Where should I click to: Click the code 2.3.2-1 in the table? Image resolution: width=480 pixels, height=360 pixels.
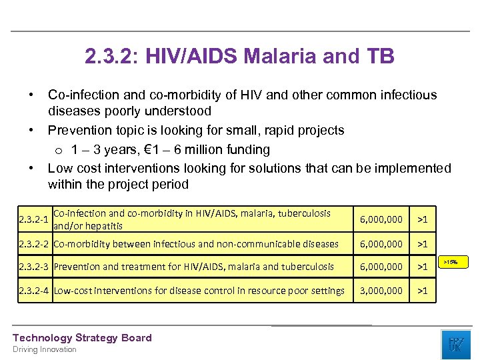point(33,219)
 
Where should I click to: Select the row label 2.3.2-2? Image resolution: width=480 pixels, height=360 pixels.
point(35,244)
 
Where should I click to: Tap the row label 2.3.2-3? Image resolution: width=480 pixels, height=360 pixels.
point(35,267)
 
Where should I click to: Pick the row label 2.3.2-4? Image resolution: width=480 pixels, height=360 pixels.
point(35,291)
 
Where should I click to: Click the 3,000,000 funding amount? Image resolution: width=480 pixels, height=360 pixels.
point(381,291)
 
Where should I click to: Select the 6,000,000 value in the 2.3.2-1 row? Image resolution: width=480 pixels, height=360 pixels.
point(381,219)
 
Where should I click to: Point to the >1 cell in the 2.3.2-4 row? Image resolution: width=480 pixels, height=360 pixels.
point(422,291)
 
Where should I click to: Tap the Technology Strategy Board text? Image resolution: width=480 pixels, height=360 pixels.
point(82,338)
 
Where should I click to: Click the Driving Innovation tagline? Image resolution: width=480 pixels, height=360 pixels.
point(45,349)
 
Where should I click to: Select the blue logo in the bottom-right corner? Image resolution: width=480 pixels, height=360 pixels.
point(455,344)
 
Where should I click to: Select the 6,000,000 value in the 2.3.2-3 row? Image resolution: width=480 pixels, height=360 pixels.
point(381,267)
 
